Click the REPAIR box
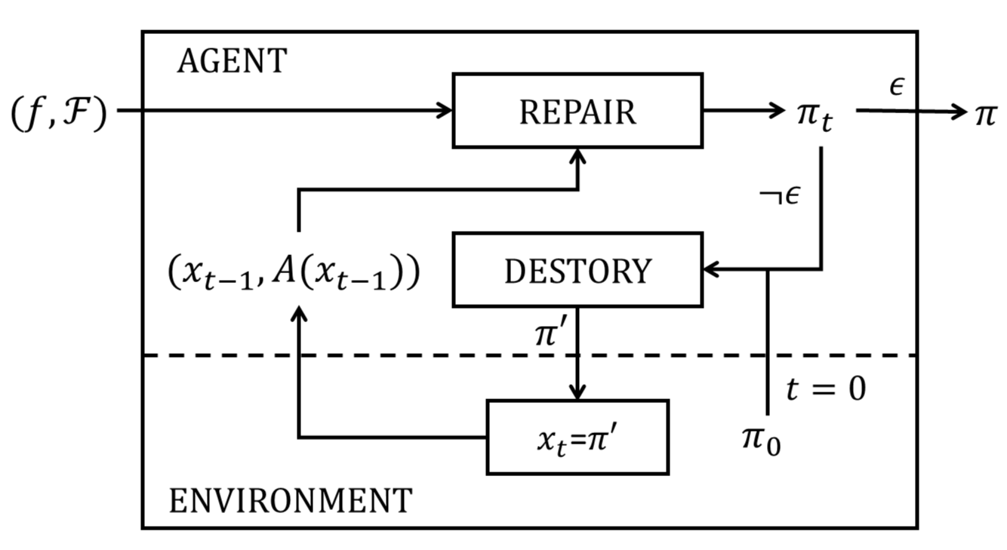[x=577, y=111]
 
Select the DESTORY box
[x=577, y=269]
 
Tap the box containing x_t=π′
[x=577, y=438]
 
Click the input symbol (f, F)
[x=58, y=115]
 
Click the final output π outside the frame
[x=985, y=114]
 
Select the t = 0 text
[x=826, y=390]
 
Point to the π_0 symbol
[x=761, y=440]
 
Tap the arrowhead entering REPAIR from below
[x=577, y=155]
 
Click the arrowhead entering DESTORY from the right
[x=711, y=269]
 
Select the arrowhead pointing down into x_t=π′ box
[x=577, y=393]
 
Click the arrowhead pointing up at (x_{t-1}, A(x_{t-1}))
[x=299, y=313]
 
